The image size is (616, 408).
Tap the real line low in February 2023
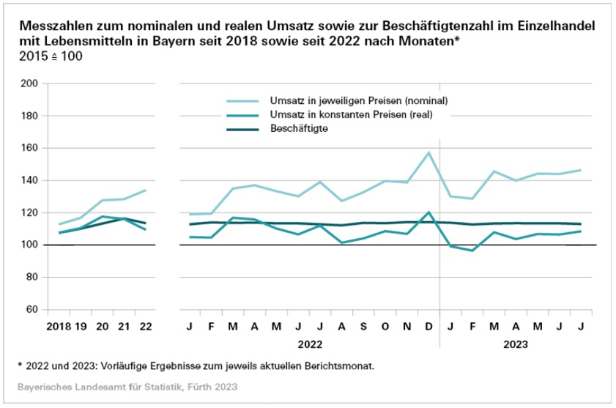coord(472,251)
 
